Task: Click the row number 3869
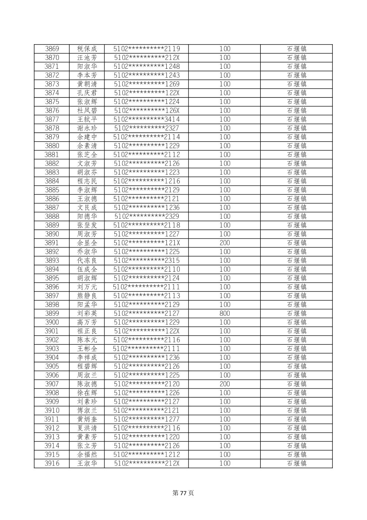52,49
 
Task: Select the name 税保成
87,49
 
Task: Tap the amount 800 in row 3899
225,313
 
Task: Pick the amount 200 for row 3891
225,243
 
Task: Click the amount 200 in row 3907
225,384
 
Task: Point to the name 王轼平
87,119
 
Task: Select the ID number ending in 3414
147,119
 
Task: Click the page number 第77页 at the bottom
183,493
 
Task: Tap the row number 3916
52,463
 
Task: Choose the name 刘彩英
87,313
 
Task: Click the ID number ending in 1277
147,419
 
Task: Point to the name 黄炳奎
87,419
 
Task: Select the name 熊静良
87,296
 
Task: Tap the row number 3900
52,322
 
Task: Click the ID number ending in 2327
147,128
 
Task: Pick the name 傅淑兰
87,411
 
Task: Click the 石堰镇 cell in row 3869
296,49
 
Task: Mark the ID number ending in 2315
147,260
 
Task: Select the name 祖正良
87,331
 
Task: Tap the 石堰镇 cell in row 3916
296,463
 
